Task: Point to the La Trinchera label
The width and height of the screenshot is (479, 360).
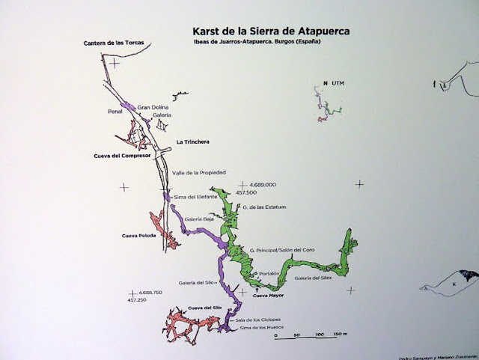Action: click(192, 141)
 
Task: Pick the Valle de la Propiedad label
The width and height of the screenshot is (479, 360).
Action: click(199, 173)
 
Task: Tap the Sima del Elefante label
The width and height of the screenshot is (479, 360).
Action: click(195, 197)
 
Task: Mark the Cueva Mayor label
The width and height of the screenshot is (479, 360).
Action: click(270, 296)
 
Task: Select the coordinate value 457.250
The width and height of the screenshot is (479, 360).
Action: click(136, 299)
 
